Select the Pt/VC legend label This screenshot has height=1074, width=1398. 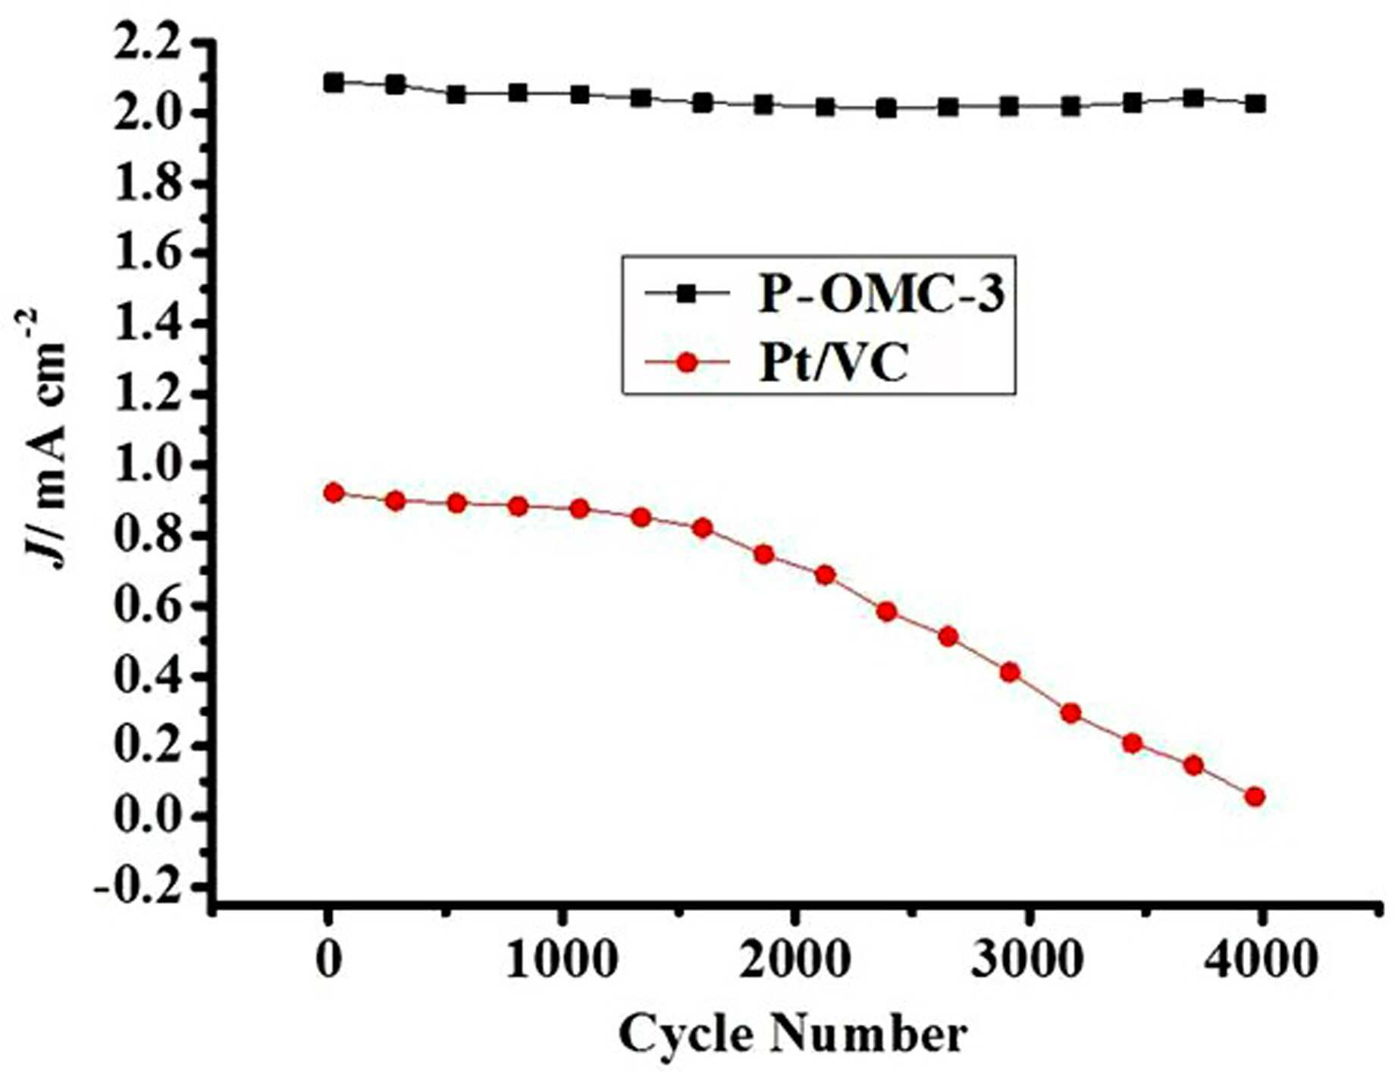click(x=833, y=364)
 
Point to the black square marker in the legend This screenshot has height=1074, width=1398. click(x=687, y=293)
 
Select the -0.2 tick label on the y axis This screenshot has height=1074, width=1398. click(x=139, y=886)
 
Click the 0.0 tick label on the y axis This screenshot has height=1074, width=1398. click(x=149, y=817)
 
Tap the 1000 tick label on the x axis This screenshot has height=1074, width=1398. click(x=560, y=960)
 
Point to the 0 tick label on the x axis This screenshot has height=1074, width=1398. click(x=328, y=960)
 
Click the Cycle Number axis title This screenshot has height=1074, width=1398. click(x=793, y=1035)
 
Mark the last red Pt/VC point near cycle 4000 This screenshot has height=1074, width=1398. click(x=1254, y=797)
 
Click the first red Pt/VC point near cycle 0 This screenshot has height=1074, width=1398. click(x=334, y=493)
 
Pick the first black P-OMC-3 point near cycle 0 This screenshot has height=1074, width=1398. click(x=334, y=83)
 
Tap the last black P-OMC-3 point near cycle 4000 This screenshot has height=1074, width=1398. click(x=1255, y=104)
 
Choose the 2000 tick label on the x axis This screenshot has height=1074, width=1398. click(x=793, y=960)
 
